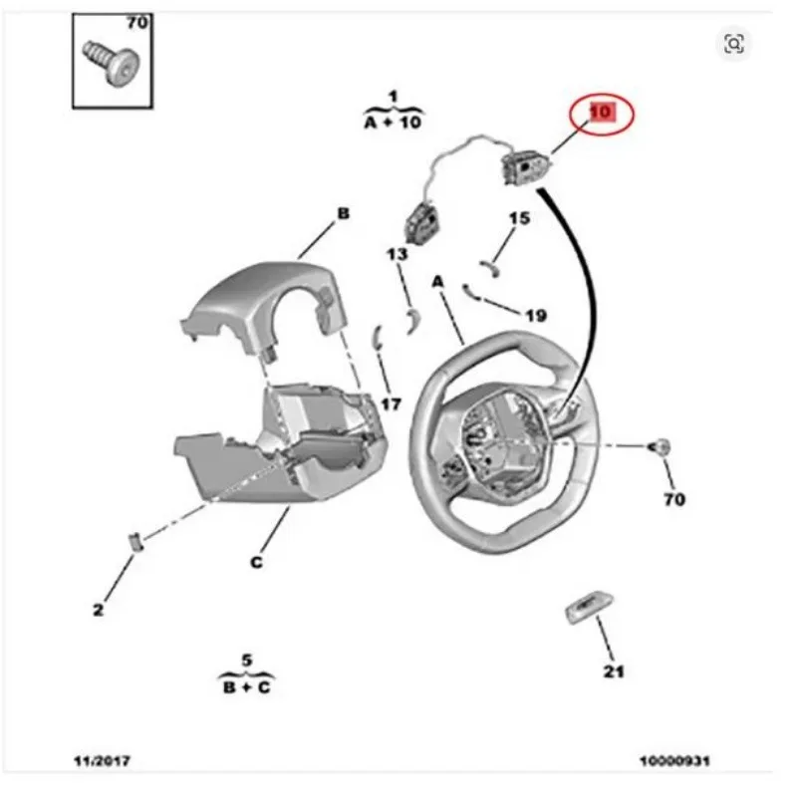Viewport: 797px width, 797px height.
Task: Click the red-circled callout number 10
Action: point(602,112)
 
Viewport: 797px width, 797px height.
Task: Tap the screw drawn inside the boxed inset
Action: point(112,63)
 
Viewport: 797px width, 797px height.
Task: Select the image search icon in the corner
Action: point(733,44)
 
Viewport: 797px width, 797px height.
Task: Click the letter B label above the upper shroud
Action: point(343,213)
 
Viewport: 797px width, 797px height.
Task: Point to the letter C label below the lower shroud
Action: point(257,562)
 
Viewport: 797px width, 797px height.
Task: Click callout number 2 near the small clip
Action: point(98,610)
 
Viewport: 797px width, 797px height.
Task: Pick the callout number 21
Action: point(613,671)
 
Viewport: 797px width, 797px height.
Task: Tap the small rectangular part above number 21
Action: point(589,607)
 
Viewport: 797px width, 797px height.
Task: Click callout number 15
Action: point(519,218)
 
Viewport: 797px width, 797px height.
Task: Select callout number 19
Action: point(536,316)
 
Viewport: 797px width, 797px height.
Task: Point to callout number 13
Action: point(397,254)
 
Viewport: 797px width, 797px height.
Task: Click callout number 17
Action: point(392,404)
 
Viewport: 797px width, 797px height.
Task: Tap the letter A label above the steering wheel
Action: point(437,281)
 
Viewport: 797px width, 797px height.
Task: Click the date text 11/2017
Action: point(103,761)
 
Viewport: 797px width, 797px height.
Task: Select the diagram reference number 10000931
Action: point(674,761)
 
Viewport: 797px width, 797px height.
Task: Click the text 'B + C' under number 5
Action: point(246,687)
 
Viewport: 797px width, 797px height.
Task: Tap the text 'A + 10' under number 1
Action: point(393,122)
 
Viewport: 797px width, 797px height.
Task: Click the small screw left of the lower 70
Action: point(660,446)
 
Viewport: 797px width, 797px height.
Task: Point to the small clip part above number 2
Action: point(134,541)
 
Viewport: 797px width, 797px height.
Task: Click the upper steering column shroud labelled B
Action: point(264,305)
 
